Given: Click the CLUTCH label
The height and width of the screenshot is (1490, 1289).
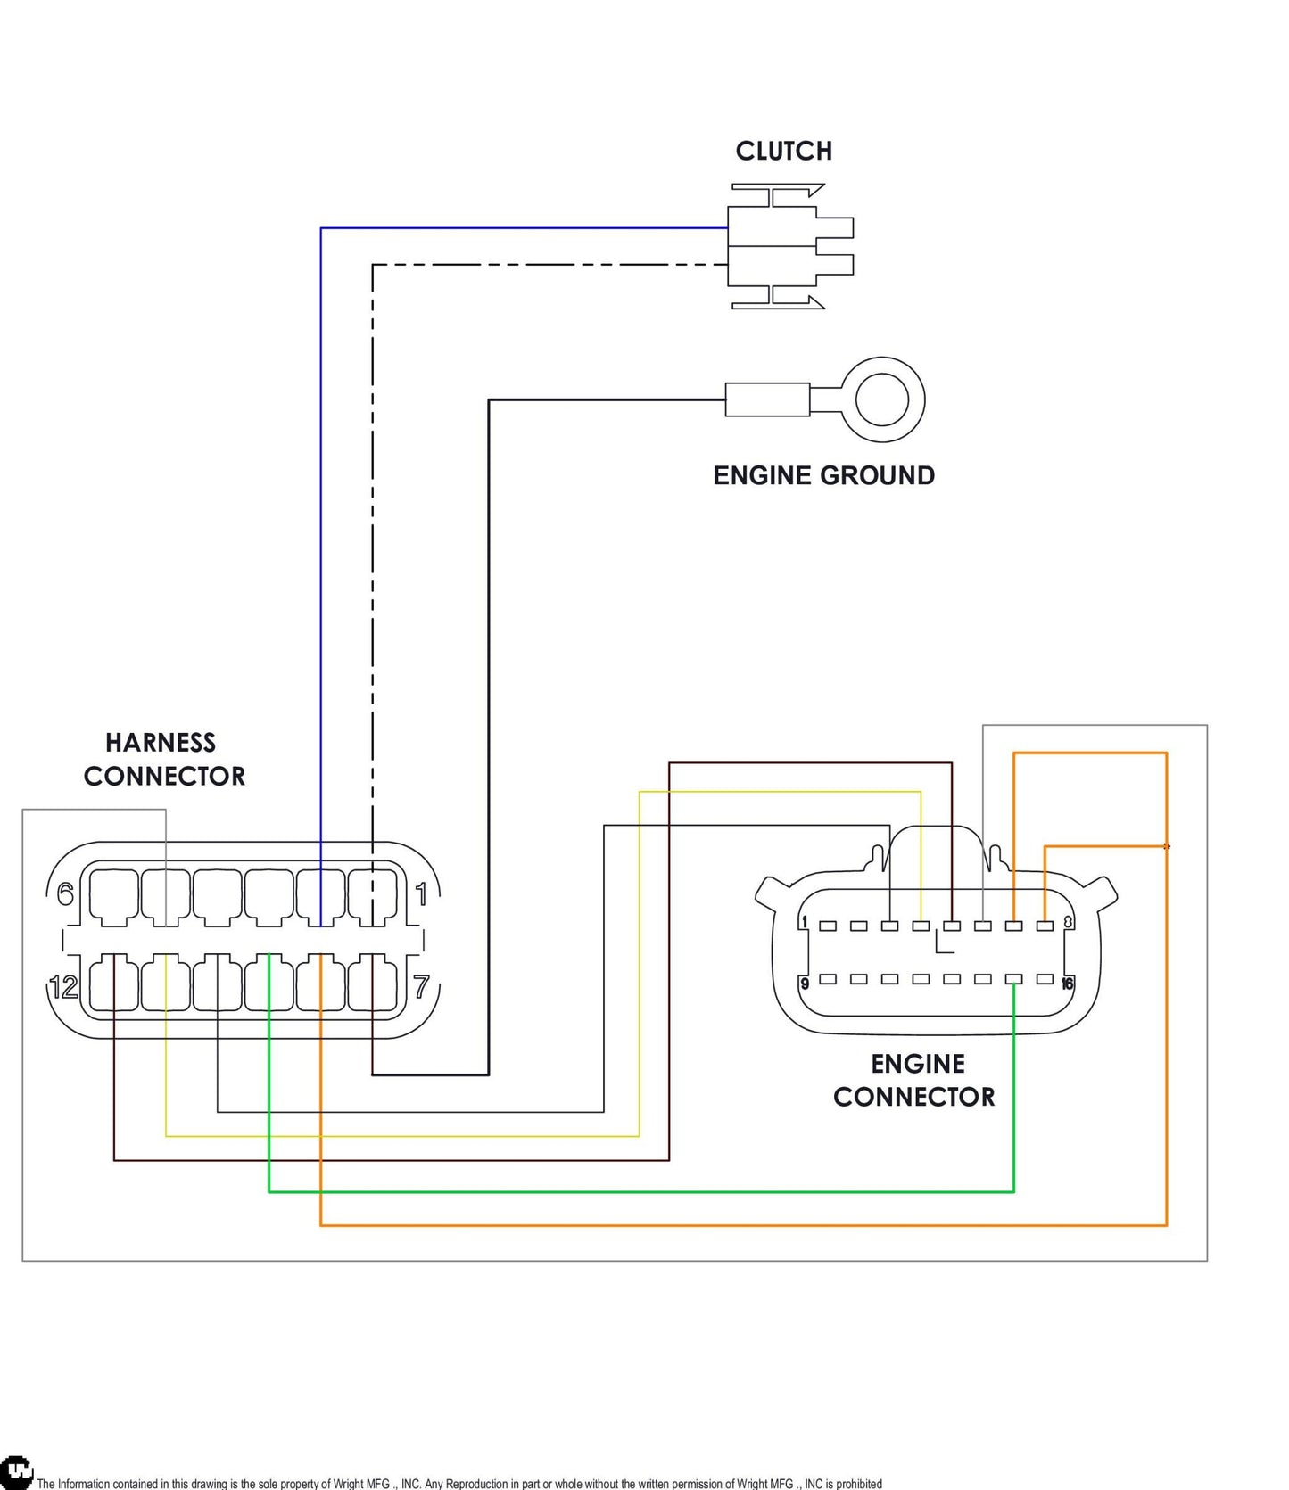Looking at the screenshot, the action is coord(783,151).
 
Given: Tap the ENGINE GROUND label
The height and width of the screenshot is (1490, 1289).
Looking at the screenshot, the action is coord(823,475).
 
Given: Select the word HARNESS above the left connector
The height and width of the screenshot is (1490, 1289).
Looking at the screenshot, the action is coord(161,743).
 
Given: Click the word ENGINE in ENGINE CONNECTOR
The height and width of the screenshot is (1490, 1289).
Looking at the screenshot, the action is coord(918,1064).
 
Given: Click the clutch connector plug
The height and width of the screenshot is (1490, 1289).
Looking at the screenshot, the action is coord(790,246).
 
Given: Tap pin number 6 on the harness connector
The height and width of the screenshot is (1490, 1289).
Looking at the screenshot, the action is coord(65,893).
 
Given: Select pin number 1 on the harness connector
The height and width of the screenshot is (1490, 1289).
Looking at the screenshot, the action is coord(421,893).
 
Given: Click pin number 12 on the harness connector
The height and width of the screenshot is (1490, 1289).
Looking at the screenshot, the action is coord(64,987).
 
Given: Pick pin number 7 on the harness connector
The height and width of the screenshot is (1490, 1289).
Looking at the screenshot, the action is coord(422,987).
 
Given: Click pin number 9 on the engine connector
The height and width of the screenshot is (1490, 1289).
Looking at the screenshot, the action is coord(805,984).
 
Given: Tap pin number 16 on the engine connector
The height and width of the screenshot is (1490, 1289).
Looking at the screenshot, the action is coord(1067,984).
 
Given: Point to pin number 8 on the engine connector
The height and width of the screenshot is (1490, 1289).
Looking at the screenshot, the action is coord(1068,922).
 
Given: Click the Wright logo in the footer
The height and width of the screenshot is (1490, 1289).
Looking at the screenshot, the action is coord(16,1471).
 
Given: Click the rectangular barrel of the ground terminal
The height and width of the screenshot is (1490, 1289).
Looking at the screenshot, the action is coord(767,399).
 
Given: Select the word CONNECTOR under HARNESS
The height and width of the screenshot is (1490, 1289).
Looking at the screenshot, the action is coord(164,776).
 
